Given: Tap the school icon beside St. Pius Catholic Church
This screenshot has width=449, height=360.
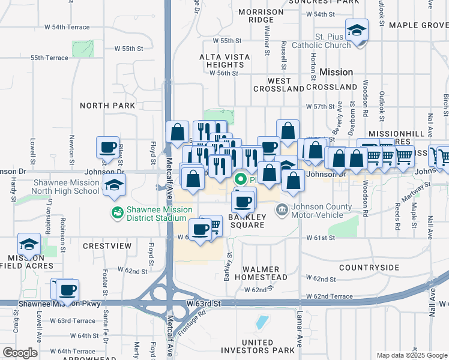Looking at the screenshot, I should tap(357, 31).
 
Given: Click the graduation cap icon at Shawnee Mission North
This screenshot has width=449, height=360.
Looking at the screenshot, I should tap(113, 186).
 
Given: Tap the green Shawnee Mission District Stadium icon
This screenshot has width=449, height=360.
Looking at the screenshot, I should tap(116, 212).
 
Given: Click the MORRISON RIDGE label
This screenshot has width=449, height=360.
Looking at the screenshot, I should tap(261, 16).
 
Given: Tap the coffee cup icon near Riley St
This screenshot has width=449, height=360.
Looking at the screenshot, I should tap(108, 147).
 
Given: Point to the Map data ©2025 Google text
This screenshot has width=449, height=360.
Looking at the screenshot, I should tap(412, 355).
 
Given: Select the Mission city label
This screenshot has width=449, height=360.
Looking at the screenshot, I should tap(336, 72).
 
